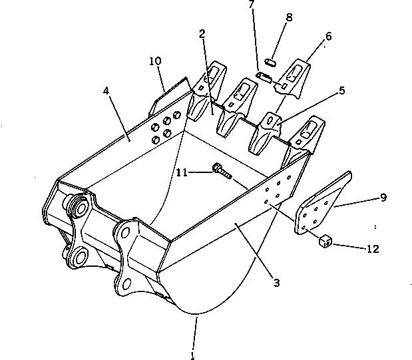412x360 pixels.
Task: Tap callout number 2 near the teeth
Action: tap(200, 34)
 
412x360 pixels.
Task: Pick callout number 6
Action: tap(328, 37)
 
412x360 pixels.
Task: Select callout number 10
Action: tap(154, 62)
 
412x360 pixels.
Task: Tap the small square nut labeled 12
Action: tap(325, 240)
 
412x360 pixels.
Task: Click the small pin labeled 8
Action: tap(270, 61)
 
